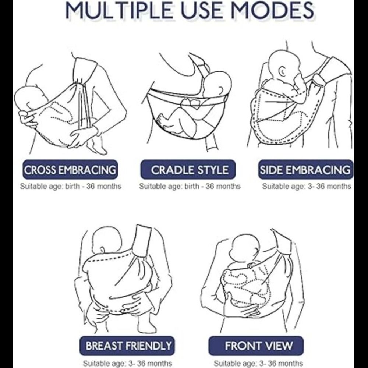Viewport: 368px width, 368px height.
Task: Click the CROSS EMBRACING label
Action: (70, 170)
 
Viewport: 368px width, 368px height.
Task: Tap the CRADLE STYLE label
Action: (188, 170)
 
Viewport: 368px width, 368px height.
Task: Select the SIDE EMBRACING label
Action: (305, 170)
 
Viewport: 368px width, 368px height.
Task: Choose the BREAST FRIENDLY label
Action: (127, 346)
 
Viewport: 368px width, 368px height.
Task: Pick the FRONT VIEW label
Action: (256, 346)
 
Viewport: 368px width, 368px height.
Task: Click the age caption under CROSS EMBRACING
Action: (71, 186)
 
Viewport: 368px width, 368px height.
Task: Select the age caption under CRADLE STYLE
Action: (190, 186)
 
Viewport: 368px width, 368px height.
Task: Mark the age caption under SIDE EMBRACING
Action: (307, 186)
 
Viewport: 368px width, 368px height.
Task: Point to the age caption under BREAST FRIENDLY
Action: (128, 363)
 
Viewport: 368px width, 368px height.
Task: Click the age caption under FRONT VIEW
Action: (258, 363)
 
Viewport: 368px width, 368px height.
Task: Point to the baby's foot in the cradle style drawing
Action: (162, 120)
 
